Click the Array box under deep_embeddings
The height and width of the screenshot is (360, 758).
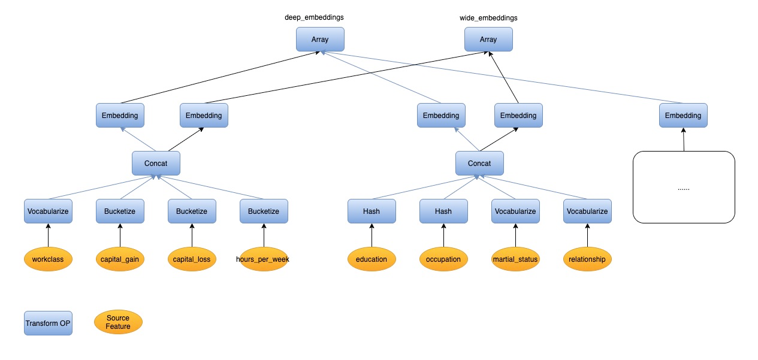coord(321,40)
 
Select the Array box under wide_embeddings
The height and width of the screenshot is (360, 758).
coord(488,40)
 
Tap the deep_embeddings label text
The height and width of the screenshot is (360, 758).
coord(314,17)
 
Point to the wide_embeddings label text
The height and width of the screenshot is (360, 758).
coord(488,18)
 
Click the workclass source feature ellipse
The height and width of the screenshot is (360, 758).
coord(48,259)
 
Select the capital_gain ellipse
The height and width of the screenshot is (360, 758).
coord(120,259)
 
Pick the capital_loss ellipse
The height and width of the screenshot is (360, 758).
coord(192,259)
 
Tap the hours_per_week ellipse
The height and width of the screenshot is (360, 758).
coord(264,259)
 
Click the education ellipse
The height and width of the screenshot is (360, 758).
coord(372,259)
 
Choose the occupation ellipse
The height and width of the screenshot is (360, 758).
coord(443,259)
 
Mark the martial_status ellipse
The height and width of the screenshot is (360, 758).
coord(515,259)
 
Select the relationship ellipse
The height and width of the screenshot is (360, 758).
coord(587,259)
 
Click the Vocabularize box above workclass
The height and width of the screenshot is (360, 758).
coord(48,211)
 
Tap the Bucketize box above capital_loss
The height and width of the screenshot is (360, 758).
coord(192,211)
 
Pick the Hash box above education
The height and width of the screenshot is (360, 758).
coord(372,211)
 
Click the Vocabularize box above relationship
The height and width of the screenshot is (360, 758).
coord(587,211)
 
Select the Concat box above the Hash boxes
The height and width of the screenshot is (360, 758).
coord(479,164)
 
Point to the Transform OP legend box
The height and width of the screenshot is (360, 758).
coord(48,323)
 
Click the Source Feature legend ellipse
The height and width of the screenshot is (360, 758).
coord(118,322)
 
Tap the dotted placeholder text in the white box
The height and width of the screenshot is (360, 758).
coord(684,188)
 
